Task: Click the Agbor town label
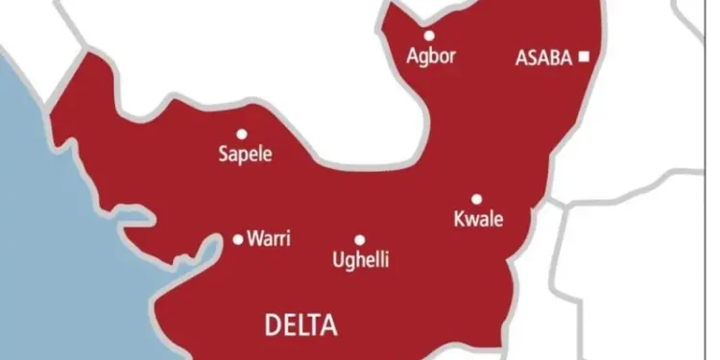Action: [x=431, y=56]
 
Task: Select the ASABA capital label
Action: [x=543, y=58]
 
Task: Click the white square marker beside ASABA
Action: [x=583, y=58]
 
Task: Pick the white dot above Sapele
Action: [x=241, y=134]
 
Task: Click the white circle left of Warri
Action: [x=238, y=239]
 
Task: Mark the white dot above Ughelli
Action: [x=359, y=240]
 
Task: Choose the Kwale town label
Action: [x=478, y=220]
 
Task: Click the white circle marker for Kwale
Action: [x=476, y=200]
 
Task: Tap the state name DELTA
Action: [x=300, y=326]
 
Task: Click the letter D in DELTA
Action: [x=272, y=326]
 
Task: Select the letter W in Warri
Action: [x=253, y=238]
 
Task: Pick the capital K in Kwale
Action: [x=458, y=220]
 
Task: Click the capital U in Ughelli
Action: [x=336, y=258]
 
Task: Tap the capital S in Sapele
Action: [x=223, y=154]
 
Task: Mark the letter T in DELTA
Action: [x=316, y=326]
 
